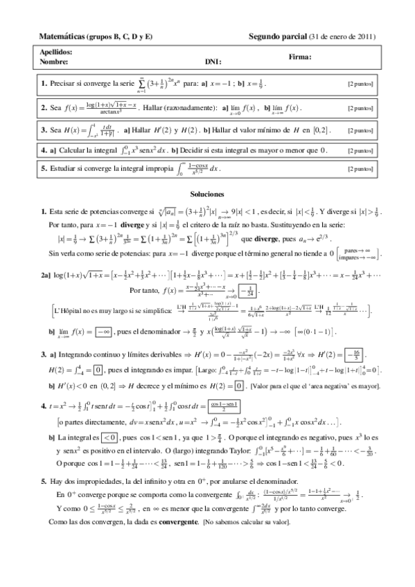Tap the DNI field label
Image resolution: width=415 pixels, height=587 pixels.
tap(211, 62)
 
